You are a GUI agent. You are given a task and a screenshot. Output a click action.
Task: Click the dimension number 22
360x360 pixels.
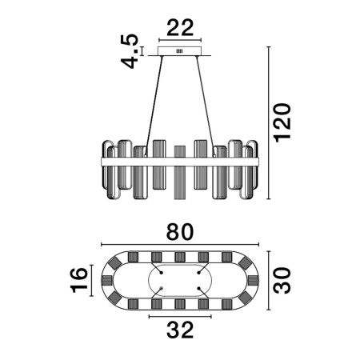pos(180,28)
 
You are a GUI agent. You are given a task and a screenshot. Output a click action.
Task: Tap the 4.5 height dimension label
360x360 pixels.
pos(130,51)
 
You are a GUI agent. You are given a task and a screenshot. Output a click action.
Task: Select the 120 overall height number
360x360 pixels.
pos(282,123)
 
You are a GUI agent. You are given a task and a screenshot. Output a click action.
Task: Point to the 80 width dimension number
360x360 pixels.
pos(180,232)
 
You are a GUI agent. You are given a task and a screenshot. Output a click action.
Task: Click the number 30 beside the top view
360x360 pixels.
pos(282,281)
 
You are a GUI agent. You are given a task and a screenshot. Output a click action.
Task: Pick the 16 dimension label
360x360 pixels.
pos(79,280)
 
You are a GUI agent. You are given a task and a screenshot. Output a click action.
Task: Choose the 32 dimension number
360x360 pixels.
pos(180,330)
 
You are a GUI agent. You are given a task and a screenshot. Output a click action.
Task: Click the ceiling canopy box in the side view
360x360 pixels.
pos(180,51)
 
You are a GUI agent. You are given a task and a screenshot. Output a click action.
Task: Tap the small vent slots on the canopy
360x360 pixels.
pos(179,51)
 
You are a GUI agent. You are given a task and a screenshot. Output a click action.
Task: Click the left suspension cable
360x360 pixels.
pos(154,106)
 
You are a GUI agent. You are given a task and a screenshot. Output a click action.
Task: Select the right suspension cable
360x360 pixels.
pos(206,106)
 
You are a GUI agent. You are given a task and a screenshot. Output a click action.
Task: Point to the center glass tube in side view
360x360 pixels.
pos(179,172)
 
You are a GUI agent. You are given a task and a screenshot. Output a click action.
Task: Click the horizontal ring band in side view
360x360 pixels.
pos(180,162)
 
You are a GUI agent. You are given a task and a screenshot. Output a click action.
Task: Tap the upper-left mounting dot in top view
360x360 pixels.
pos(161,273)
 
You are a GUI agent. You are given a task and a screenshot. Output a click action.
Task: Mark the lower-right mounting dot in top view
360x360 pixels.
pos(198,288)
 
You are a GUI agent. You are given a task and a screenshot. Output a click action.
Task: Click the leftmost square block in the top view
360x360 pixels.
pos(107,280)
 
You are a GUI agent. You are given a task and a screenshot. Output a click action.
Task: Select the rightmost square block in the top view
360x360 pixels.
pos(253,280)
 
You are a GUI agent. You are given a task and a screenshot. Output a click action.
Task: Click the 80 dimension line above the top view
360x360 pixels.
pos(180,244)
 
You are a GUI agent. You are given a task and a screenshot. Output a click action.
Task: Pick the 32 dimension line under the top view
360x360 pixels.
pos(180,317)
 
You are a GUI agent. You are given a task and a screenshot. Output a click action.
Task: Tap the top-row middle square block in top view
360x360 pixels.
pos(180,257)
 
